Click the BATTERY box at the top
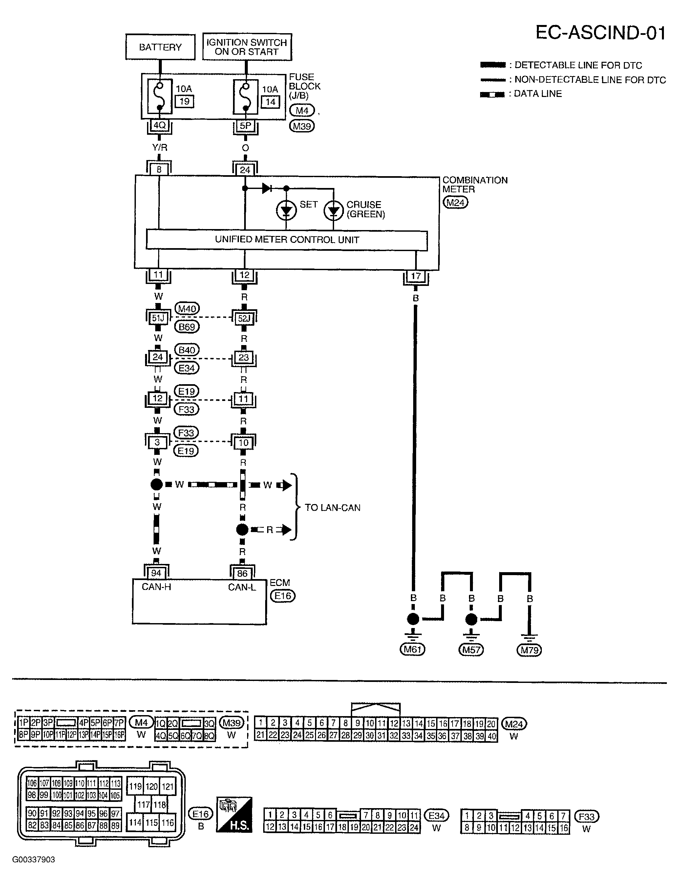(160, 47)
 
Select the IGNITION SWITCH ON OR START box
(246, 47)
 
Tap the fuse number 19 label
(184, 101)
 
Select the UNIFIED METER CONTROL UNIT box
(286, 240)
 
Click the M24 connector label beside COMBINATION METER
(456, 202)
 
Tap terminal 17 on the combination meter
(415, 276)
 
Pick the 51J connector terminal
(158, 318)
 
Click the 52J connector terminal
(244, 318)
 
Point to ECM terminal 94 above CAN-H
(156, 573)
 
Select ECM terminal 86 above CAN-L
(242, 573)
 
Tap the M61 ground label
(412, 649)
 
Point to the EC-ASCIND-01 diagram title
(600, 33)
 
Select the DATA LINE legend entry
(538, 94)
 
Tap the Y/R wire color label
(159, 148)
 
